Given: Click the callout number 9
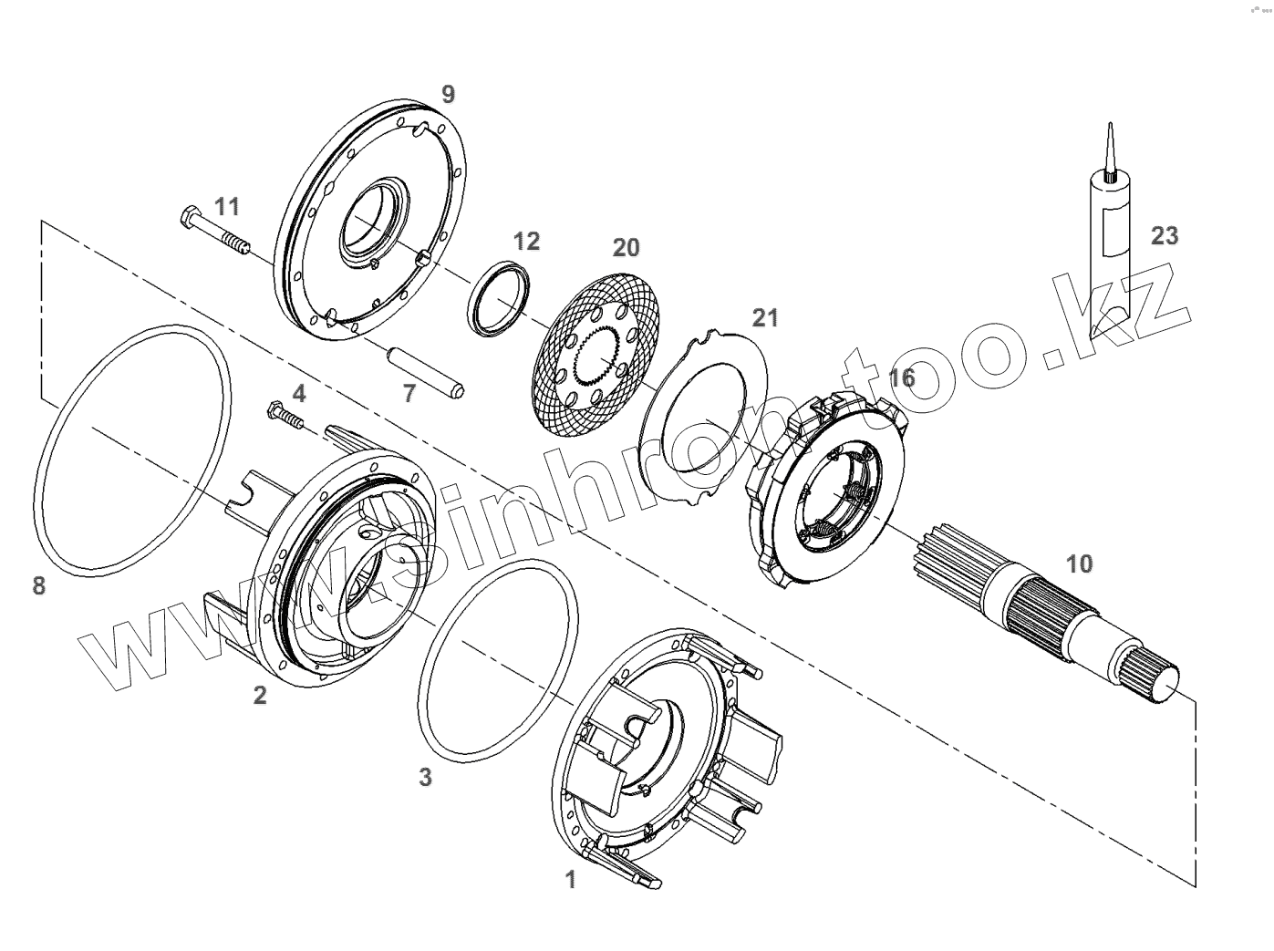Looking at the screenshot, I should (x=447, y=94).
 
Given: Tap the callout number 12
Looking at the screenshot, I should (x=526, y=242).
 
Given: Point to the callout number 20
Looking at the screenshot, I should (x=626, y=247).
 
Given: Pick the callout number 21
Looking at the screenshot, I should (x=766, y=317).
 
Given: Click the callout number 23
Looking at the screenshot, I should (x=1164, y=235).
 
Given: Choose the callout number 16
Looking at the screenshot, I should (x=901, y=377).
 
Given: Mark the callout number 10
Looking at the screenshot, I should (x=1079, y=563).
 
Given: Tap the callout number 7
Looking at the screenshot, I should (x=409, y=393).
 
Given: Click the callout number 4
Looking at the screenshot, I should (x=299, y=393).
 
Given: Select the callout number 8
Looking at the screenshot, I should (x=38, y=584).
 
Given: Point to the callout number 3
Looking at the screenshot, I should (x=425, y=777).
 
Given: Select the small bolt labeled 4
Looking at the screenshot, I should (x=285, y=415).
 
